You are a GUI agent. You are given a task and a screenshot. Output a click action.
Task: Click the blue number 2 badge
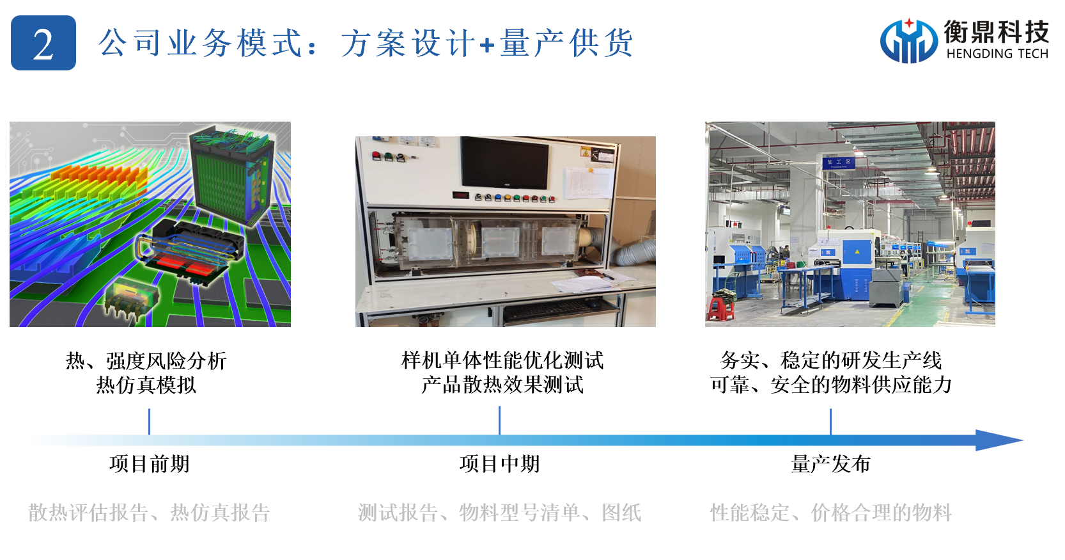(43, 43)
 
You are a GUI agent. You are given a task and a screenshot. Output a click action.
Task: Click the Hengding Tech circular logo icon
(908, 41)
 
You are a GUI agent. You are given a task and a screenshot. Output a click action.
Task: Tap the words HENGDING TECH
(997, 54)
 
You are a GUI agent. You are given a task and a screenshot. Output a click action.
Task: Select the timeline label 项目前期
(150, 464)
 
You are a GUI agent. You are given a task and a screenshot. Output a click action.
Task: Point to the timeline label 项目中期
(500, 464)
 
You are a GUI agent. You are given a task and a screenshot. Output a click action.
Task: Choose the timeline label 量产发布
(830, 464)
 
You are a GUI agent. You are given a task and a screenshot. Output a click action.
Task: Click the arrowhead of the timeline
(999, 440)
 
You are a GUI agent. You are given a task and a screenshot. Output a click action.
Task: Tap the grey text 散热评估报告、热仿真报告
(149, 513)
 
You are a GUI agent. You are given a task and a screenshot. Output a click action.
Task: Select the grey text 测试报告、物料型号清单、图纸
(500, 513)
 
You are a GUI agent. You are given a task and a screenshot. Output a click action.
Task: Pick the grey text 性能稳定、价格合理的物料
(830, 513)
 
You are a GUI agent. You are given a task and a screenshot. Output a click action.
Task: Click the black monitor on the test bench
(504, 163)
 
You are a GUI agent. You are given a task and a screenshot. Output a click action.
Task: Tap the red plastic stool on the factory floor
(721, 308)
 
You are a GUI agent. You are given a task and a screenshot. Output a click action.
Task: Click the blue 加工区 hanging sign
(839, 163)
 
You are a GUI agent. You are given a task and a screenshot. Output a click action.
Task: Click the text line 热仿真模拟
(146, 385)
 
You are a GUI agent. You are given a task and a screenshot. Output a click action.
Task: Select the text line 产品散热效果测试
(502, 385)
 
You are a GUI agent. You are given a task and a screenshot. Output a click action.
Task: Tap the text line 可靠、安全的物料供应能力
(830, 385)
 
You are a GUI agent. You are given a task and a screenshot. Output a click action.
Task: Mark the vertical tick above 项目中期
(500, 420)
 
